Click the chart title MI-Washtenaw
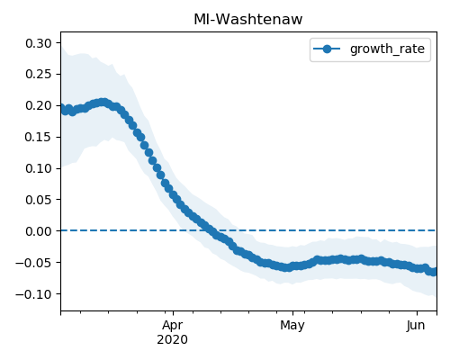pos(248,20)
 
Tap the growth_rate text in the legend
pos(387,49)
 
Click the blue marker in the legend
pos(327,49)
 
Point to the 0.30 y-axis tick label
pos(39,43)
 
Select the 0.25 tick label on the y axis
pos(39,74)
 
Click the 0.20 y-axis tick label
pos(39,105)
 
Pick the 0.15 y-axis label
pos(39,137)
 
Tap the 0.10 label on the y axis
pos(39,168)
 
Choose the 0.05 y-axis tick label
pos(39,200)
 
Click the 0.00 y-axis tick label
pos(39,231)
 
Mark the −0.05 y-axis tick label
pos(34,263)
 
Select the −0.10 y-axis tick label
pos(34,294)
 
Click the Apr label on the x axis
pos(173,326)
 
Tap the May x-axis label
pos(292,326)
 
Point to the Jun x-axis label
pos(416,326)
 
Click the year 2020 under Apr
pos(173,340)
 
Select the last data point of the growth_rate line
pos(434,272)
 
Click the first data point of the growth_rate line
pos(62,107)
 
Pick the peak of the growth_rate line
pos(103,103)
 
